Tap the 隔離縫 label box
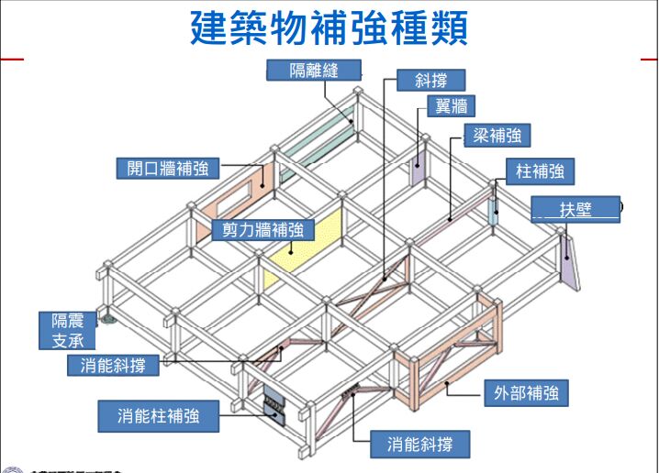[x=313, y=71]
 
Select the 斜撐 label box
[x=430, y=81]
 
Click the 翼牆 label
[x=453, y=107]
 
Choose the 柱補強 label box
[x=540, y=170]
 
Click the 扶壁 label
[x=575, y=209]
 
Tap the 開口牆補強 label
[x=168, y=169]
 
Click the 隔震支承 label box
[x=67, y=331]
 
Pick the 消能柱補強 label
[x=159, y=416]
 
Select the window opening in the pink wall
[x=240, y=195]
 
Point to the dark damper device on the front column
[x=274, y=404]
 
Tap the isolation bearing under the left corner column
[x=108, y=319]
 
